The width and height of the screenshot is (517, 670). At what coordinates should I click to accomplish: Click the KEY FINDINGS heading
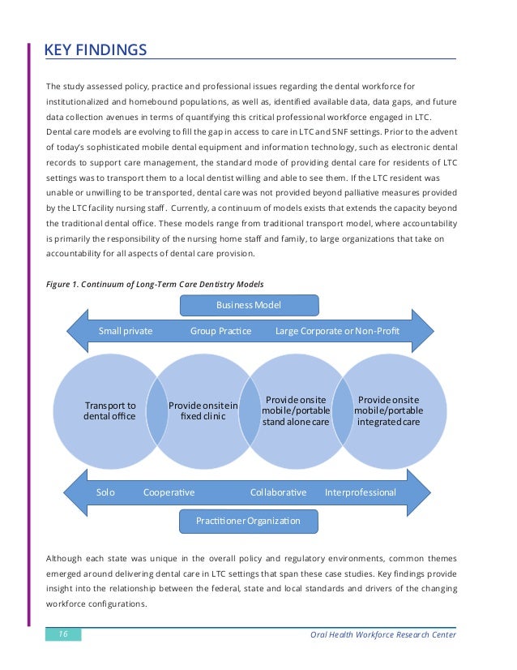pos(95,51)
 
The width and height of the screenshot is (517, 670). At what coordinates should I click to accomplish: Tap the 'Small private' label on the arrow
pos(126,331)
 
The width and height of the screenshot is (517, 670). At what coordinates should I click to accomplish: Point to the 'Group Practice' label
pos(220,331)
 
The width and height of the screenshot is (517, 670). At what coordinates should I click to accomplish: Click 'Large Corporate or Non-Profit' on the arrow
pos(337,331)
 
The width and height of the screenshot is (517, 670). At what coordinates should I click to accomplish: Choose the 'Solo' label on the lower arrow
pos(105,492)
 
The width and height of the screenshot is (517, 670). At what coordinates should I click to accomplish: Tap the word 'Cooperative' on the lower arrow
pos(169,492)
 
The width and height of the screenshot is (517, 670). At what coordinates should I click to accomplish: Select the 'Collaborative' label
pos(278,492)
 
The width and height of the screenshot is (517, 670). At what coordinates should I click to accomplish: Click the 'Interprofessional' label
pos(360,492)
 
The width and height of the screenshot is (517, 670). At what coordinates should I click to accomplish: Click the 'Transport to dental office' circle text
pos(109,410)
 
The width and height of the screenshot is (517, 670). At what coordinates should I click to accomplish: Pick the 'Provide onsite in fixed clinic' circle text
pos(203,410)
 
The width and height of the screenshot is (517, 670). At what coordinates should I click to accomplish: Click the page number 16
pos(62,634)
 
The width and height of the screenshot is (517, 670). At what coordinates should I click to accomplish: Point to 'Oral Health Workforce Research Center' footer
pos(383,634)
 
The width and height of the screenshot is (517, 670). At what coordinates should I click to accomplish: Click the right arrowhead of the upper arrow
pos(422,331)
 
